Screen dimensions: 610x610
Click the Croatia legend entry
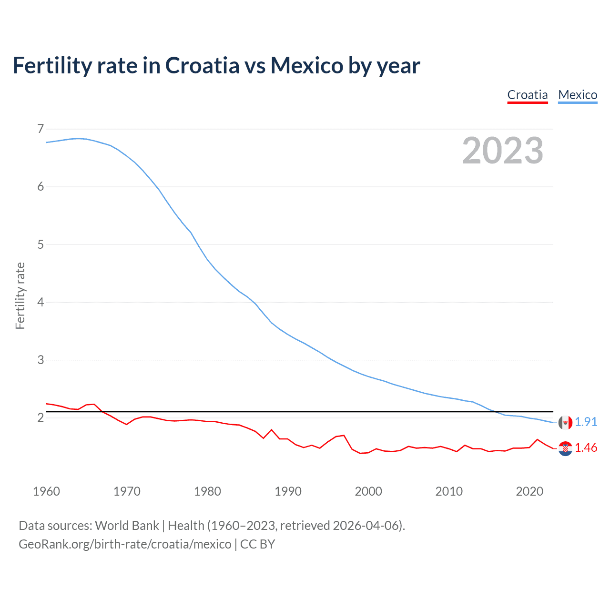tap(527, 95)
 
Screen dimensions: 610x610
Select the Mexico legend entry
tap(578, 95)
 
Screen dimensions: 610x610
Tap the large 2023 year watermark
tap(502, 151)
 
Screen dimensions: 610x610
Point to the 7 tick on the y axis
tap(41, 129)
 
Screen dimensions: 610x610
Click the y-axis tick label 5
tap(41, 244)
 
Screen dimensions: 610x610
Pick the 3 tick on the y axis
tap(41, 360)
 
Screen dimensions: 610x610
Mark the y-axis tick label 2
tap(41, 417)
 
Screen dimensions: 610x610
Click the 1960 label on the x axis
tap(46, 491)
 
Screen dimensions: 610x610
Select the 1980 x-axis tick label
tap(207, 491)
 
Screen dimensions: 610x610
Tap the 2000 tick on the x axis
tap(368, 491)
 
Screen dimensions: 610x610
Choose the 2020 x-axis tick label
tap(529, 491)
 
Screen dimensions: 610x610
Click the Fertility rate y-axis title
tap(20, 295)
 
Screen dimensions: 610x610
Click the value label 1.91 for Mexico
tap(586, 422)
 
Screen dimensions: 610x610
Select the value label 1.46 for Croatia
tap(586, 448)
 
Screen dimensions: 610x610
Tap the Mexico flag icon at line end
tap(565, 422)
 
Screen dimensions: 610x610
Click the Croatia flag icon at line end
tap(565, 448)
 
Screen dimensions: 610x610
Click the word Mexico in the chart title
tap(306, 65)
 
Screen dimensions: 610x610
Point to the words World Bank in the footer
tap(127, 526)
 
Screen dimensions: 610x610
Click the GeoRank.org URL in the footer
tap(125, 544)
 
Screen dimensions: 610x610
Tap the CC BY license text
tap(257, 544)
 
